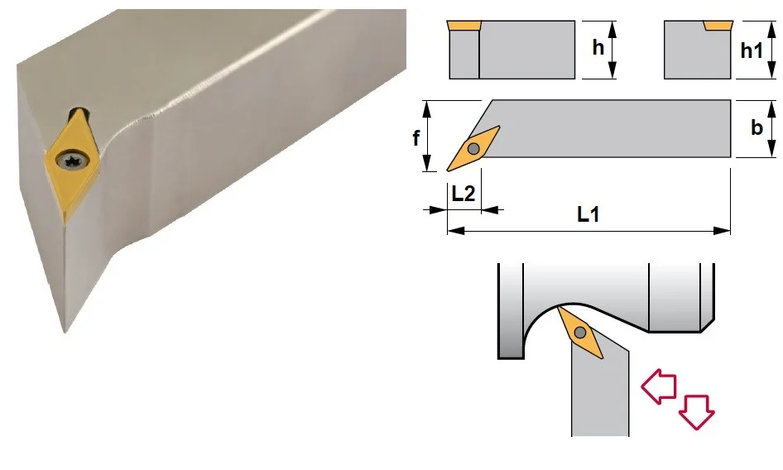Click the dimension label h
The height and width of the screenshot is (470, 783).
[598, 47]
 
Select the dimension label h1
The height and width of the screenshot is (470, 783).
[752, 50]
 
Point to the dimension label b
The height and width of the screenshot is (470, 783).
[757, 127]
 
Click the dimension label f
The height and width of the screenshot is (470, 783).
[416, 137]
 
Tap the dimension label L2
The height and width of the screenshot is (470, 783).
[464, 194]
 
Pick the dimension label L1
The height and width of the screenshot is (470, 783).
[588, 214]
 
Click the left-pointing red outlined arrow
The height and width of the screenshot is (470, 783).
[659, 386]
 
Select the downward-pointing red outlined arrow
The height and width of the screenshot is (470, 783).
[697, 411]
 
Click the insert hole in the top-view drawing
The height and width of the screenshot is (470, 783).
[473, 148]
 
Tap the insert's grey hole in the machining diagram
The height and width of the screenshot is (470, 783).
[579, 332]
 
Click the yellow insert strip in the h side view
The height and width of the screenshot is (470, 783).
[464, 26]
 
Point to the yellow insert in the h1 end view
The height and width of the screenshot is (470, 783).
[718, 26]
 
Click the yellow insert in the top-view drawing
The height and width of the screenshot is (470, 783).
[473, 148]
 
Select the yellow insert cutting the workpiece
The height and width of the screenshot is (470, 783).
[579, 332]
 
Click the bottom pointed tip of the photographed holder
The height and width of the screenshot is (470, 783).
[65, 331]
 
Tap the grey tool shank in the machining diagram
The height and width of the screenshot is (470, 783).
[600, 395]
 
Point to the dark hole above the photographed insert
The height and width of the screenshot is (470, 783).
[79, 112]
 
